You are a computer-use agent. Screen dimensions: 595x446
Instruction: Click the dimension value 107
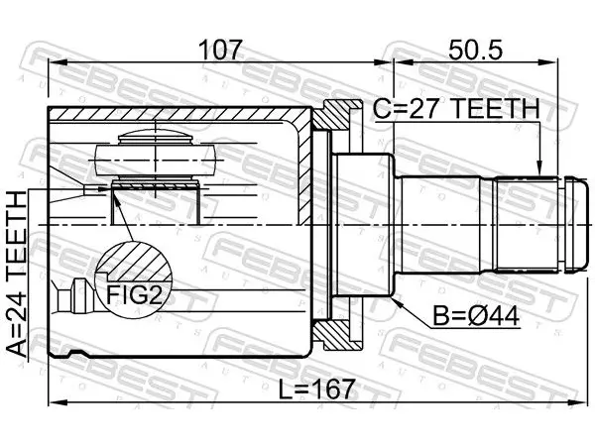click(x=220, y=51)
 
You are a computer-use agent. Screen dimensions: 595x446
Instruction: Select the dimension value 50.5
click(x=475, y=51)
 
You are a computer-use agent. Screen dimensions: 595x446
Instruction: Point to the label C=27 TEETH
click(x=456, y=108)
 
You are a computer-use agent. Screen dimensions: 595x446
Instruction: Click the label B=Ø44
click(x=476, y=316)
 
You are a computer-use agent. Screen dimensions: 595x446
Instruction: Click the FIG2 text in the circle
click(x=134, y=294)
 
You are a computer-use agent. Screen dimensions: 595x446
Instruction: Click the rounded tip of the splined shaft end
click(x=574, y=224)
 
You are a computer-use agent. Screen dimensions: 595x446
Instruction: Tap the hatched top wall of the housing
click(x=178, y=115)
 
